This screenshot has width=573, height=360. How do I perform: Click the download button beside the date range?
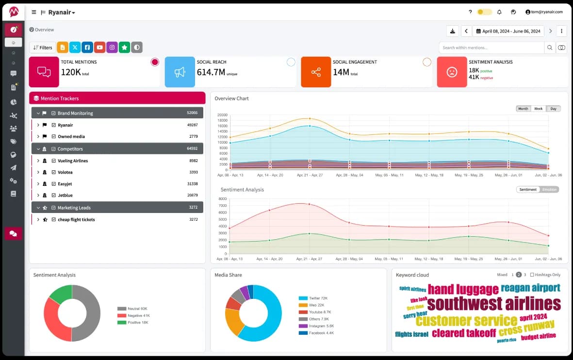pos(453,31)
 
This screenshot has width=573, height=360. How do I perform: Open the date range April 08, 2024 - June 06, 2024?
pos(508,31)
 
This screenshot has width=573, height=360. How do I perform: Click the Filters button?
pos(43,48)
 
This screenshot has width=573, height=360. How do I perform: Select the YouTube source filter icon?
pos(99,48)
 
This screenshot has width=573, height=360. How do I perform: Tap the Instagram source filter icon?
pos(112,48)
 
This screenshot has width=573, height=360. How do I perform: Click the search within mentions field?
pos(491,48)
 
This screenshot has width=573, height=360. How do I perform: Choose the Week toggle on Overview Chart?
pos(538,109)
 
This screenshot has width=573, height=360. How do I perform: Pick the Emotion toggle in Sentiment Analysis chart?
pos(550,189)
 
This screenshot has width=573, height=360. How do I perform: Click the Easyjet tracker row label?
pos(65,184)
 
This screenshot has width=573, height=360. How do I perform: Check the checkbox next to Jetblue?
pos(54,196)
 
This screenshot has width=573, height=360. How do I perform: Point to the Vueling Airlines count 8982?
pos(193,161)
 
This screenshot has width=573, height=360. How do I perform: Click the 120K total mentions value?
pos(71,72)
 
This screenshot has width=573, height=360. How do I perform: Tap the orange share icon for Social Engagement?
pos(316,72)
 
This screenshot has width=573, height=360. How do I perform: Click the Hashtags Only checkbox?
pos(532,275)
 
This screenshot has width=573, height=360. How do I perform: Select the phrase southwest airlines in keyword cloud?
pos(493,304)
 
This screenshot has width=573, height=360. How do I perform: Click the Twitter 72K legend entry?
pos(317,298)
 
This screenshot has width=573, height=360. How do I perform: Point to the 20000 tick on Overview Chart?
pos(222,115)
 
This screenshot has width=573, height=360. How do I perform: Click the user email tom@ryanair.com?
pos(546,12)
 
